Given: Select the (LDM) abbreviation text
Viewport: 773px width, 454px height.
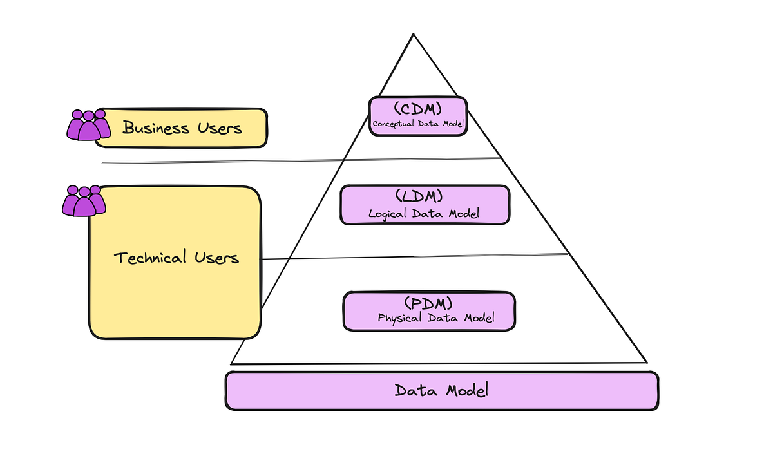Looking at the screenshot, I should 424,196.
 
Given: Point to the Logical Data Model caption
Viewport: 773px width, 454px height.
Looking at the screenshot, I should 424,213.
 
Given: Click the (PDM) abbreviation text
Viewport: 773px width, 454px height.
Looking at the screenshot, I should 428,302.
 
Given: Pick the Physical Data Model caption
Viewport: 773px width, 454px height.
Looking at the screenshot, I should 436,318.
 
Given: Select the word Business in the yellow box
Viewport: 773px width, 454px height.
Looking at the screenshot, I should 156,128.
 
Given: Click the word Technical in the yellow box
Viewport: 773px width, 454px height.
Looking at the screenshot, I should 149,258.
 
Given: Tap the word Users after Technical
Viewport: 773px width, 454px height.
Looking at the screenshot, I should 216,258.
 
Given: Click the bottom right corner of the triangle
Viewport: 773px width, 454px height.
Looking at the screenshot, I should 645,362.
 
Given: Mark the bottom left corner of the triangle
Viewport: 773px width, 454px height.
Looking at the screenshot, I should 232,364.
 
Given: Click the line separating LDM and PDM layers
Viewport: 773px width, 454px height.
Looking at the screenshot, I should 412,256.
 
